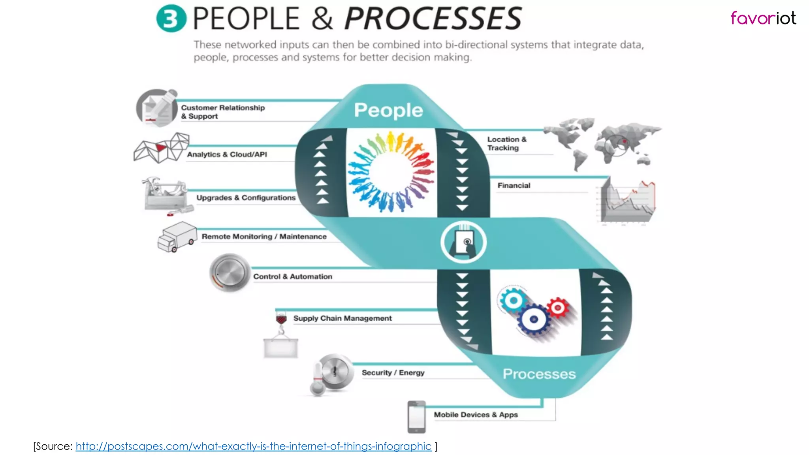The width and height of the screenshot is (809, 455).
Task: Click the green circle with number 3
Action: point(171,19)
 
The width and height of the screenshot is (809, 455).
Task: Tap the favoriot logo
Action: point(763,18)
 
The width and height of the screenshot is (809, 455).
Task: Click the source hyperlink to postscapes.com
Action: point(253,446)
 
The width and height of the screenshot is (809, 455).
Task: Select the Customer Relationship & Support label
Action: point(222,112)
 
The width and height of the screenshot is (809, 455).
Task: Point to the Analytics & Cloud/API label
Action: point(227,154)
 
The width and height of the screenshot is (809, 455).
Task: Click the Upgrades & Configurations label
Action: point(246,197)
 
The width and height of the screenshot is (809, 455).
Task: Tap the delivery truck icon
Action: point(177,237)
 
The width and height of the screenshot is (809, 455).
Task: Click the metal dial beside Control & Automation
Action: point(230,273)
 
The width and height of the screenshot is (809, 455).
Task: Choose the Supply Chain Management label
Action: point(342,318)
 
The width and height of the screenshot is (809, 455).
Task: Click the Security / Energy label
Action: point(393,372)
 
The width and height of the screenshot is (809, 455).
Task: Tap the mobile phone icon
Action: point(416,417)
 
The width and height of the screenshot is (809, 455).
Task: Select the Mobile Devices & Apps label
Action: point(476,415)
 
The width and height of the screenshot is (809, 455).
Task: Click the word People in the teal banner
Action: point(388,110)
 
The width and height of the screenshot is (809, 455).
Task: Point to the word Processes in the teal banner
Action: point(539,374)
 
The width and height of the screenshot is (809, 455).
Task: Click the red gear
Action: point(557,308)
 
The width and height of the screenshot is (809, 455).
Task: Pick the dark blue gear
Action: point(534,320)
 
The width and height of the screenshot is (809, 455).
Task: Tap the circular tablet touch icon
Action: point(464,242)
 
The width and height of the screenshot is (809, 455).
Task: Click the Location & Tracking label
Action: point(506,143)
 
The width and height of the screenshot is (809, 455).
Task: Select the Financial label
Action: point(514,186)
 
